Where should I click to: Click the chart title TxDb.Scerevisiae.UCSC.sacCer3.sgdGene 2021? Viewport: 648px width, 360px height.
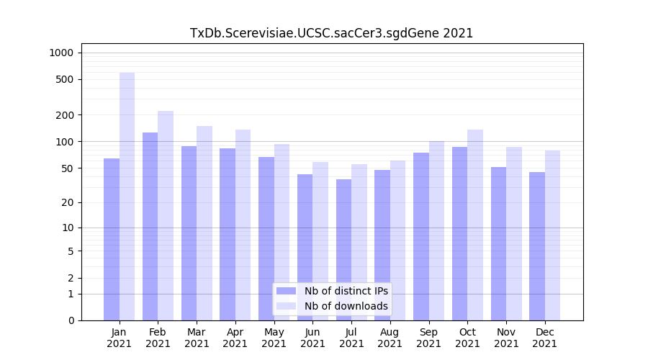coord(331,33)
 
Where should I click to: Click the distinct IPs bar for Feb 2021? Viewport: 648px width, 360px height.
coord(150,226)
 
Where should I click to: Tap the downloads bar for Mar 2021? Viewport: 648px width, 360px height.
coord(204,223)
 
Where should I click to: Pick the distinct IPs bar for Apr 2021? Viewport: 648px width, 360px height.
coord(228,234)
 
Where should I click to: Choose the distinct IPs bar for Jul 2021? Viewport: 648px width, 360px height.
coord(343,249)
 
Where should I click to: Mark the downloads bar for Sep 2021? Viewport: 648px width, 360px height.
coord(436,230)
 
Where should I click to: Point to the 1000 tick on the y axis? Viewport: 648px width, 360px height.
coord(61,53)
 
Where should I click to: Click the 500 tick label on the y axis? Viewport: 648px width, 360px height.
coord(65,79)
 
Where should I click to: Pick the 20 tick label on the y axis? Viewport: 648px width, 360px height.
coord(67,202)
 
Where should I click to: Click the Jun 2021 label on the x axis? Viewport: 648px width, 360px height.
coord(312,338)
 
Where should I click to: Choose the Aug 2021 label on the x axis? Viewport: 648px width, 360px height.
coord(390,338)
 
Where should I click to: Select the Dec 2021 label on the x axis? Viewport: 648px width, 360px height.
coord(544,338)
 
